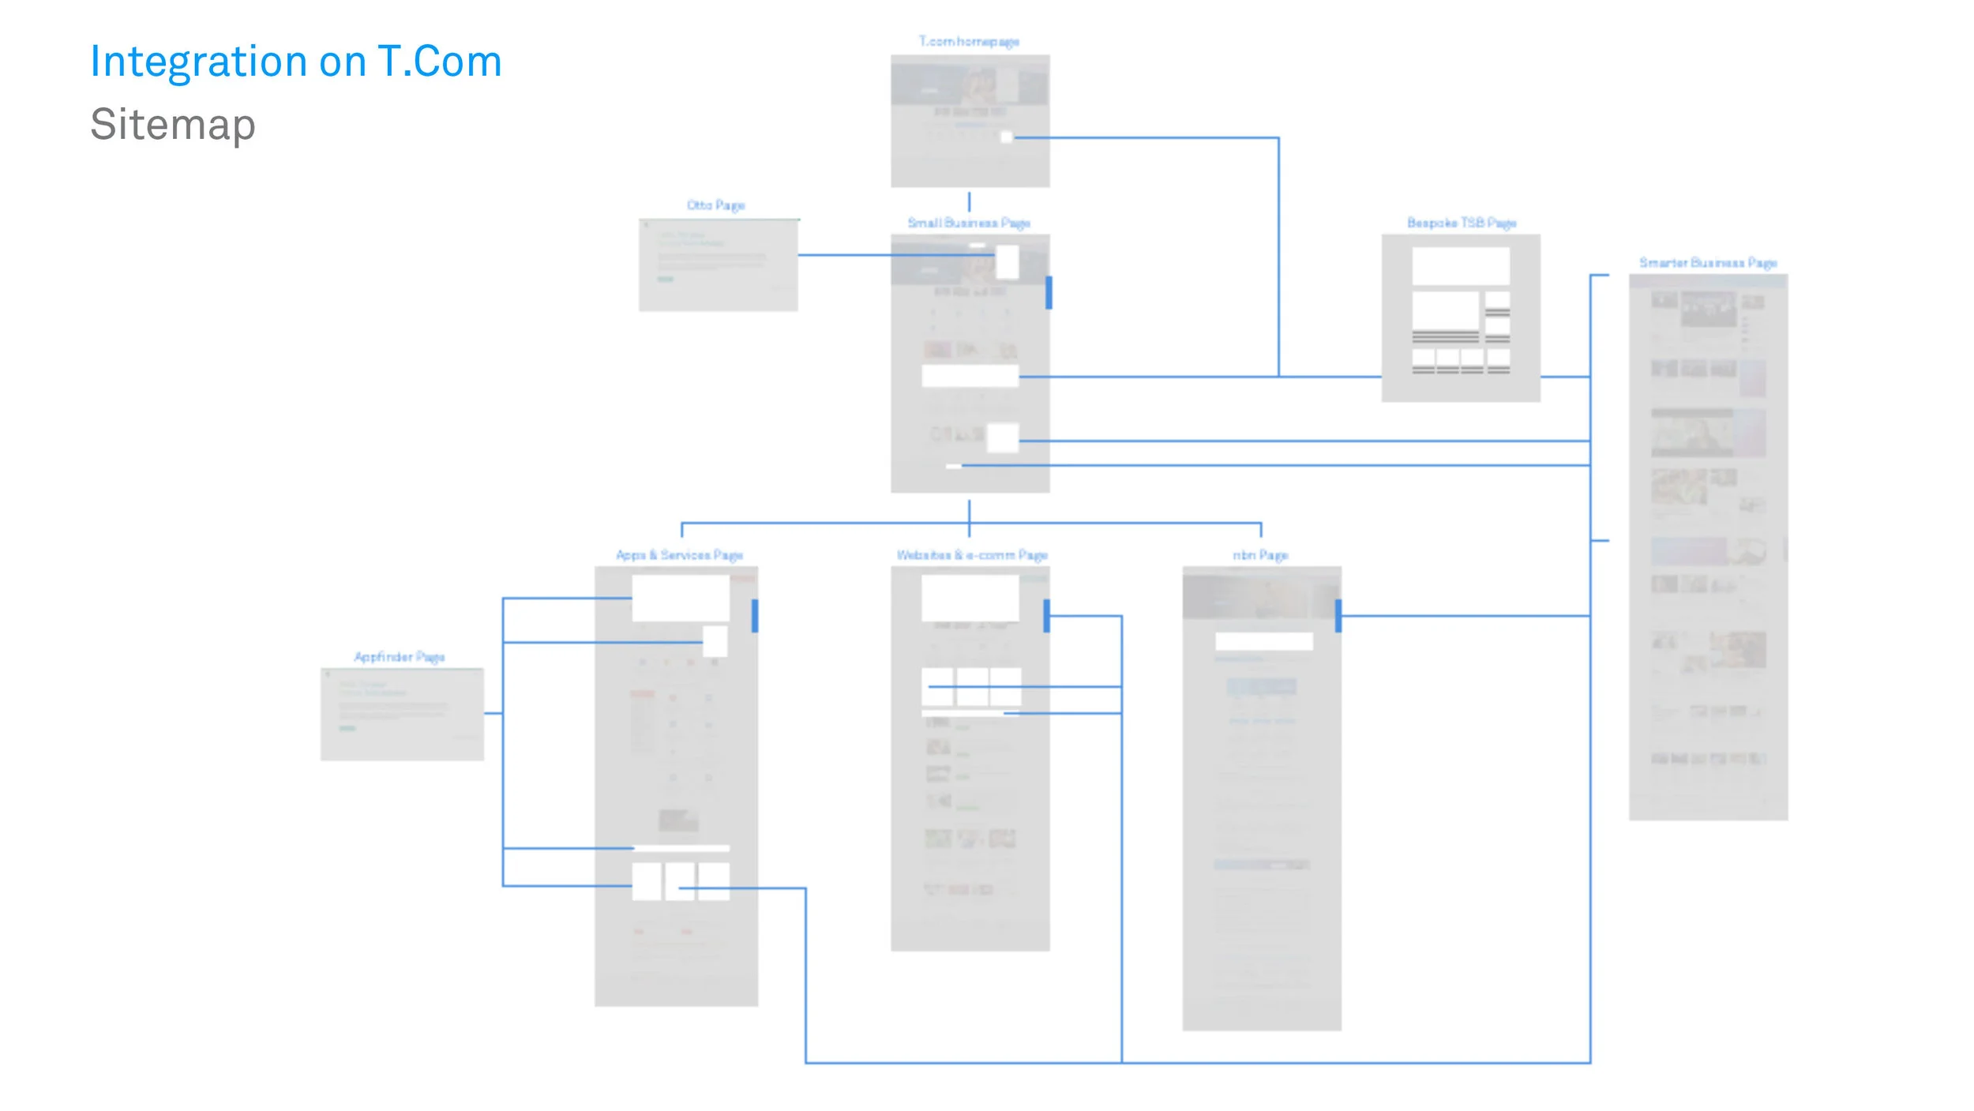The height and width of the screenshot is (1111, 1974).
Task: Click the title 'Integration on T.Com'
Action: click(296, 62)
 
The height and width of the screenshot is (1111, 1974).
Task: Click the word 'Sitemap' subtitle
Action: click(173, 125)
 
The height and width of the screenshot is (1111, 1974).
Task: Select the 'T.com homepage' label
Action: click(969, 42)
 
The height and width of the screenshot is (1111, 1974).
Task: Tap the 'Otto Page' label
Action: click(715, 205)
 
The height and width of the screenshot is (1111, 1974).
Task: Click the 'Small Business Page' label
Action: click(969, 223)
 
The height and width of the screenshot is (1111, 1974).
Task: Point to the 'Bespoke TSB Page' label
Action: click(1461, 223)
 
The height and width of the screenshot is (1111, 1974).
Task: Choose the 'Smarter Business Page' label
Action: click(1708, 263)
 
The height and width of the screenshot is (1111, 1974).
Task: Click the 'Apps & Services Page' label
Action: click(679, 556)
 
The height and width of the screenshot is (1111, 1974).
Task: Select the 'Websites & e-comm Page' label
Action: click(972, 556)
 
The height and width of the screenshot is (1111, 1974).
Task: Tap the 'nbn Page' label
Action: click(1260, 556)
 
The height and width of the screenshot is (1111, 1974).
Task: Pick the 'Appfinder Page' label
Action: click(400, 657)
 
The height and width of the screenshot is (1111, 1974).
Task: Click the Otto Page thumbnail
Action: click(718, 265)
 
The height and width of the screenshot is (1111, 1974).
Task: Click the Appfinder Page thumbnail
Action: click(402, 715)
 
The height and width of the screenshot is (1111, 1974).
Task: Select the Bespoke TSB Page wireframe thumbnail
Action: click(1461, 318)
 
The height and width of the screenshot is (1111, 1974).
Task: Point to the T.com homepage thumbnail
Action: click(970, 121)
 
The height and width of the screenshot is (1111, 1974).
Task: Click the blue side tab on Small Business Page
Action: click(1049, 292)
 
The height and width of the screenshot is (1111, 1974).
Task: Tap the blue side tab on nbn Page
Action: click(1338, 616)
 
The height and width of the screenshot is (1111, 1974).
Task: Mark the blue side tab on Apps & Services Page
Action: click(755, 616)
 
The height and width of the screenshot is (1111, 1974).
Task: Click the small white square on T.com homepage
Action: click(1006, 137)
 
